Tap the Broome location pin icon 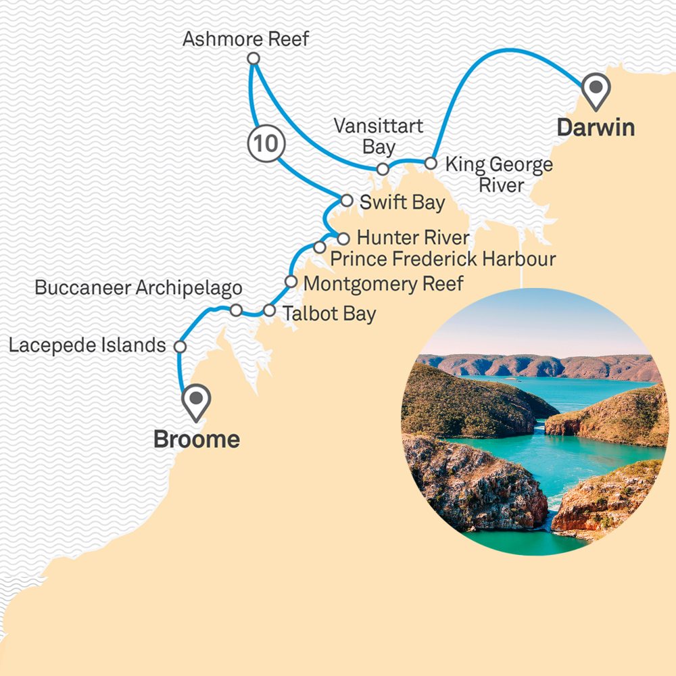pos(197,401)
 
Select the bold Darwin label pos(596,127)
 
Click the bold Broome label pos(197,439)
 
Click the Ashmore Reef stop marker pos(254,59)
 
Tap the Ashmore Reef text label pos(246,39)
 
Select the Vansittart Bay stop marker pos(383,169)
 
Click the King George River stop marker pos(430,163)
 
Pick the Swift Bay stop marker pos(346,201)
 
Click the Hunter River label pos(412,238)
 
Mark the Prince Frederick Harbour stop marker pos(320,247)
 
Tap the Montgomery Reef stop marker pos(291,281)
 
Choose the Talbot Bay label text pos(329,314)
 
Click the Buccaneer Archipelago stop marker pos(236,310)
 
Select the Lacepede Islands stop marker pos(180,346)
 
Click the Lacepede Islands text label pos(87,345)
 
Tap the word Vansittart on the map pos(379,126)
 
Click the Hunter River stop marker pos(343,238)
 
